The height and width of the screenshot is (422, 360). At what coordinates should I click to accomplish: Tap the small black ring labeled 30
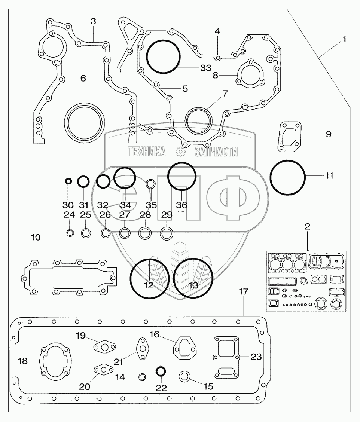point(68,181)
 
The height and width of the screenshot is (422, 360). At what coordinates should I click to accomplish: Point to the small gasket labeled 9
point(290,137)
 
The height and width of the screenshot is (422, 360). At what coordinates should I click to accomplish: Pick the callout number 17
point(244,292)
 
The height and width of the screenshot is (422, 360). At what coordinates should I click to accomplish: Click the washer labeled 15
point(185,376)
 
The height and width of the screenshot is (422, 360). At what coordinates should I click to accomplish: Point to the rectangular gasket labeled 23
point(226,357)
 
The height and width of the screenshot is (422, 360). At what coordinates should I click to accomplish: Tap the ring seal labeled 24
point(70,233)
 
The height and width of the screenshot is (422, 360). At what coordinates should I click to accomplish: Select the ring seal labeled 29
point(167,233)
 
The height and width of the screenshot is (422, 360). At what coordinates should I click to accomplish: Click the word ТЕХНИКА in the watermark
point(147,152)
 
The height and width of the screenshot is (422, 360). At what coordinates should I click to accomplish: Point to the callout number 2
point(307,227)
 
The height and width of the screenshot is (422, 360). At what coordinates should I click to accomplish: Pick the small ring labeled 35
point(151,184)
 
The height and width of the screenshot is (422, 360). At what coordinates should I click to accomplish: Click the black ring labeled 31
point(83,182)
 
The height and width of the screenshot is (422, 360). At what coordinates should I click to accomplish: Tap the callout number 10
point(36,238)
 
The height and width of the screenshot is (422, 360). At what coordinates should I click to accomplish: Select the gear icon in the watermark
point(180,152)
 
